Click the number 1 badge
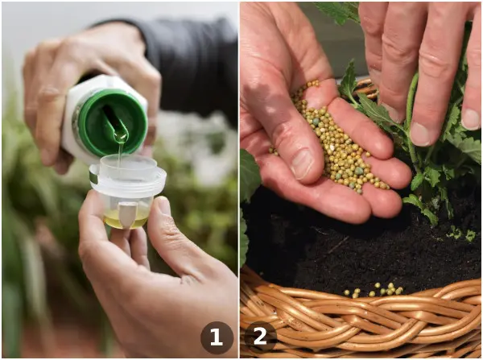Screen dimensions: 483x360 pos(217,337)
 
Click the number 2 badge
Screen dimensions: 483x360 pos(261,337)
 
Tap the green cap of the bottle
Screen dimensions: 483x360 pos(112,122)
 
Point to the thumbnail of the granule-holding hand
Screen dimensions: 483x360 pos(302,163)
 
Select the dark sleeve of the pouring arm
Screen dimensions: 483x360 pos(185,62)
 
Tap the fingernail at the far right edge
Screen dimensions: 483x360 pos(471,119)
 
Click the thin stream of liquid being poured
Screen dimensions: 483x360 pos(120,154)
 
